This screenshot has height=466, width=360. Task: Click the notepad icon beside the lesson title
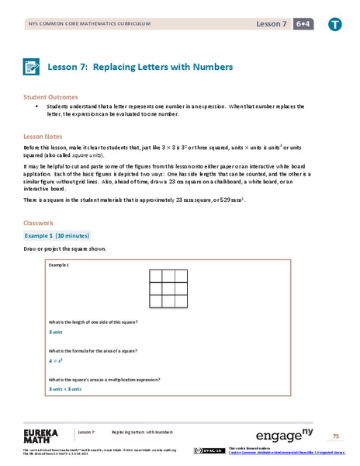(x=36, y=68)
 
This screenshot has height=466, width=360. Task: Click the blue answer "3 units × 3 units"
(x=65, y=388)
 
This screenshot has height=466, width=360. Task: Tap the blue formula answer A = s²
(x=55, y=360)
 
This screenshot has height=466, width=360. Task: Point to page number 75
(x=336, y=435)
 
